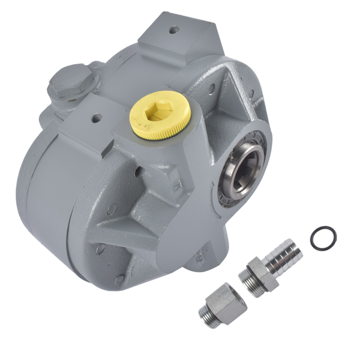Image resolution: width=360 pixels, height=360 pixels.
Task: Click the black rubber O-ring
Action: coord(323,238)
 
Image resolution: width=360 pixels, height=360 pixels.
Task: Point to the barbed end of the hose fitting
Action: coord(286,253)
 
